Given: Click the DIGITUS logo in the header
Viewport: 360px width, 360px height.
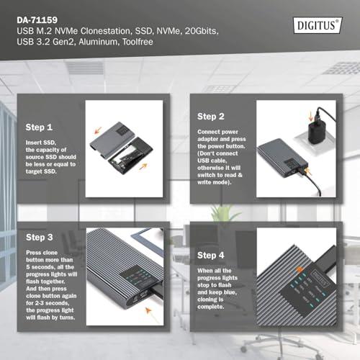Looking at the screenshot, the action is pos(318,25).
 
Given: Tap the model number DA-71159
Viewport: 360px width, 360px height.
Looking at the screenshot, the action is pos(37,20).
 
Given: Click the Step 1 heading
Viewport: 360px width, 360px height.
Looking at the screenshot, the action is pos(39,127).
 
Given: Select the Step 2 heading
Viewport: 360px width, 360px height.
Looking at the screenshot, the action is pos(211,117).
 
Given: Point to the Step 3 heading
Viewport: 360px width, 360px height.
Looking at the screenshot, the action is pos(40,238).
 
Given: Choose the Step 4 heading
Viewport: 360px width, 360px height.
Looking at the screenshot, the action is pos(211,256).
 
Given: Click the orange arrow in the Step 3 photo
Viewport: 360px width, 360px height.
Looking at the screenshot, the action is pos(148,310).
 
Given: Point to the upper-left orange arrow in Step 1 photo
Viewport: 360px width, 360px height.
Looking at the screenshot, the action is pos(98,130).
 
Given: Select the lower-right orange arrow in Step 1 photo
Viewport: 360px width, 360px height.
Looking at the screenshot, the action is pos(143,166).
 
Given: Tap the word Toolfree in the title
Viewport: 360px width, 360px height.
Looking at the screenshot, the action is pos(138,42).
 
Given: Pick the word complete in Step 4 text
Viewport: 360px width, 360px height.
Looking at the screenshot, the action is pos(210,307).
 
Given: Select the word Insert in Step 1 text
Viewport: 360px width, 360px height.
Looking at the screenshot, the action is pos(33,143).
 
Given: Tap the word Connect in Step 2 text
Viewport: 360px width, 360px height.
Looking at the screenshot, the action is pos(207,132).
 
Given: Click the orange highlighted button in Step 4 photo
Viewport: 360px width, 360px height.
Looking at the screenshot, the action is pos(300,270).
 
